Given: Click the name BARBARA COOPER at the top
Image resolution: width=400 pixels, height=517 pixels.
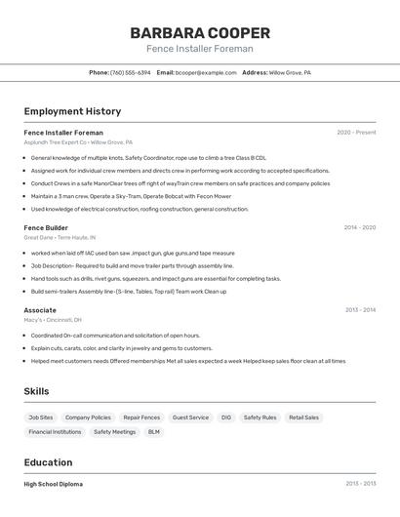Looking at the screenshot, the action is pos(199,32).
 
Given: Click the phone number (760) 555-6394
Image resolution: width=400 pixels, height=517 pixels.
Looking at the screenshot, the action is pos(130,72).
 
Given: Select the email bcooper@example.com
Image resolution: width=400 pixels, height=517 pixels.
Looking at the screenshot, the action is pos(206,72).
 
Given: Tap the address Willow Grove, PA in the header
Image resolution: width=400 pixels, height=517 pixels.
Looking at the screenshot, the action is pos(290,72).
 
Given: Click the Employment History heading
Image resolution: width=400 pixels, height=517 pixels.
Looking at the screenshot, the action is pos(72,111).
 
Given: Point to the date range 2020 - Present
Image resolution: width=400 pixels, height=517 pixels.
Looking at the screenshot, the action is pos(356,132).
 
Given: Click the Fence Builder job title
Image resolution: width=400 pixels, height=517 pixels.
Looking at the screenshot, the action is pos(46,227).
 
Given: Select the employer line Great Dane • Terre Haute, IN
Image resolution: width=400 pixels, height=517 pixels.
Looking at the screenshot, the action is pos(60,237).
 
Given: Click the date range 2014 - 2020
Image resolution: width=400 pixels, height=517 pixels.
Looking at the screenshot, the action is pos(359,227).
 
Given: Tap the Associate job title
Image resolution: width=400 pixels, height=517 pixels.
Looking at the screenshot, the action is pos(40,310).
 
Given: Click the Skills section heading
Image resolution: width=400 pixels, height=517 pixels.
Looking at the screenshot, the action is pos(37,391).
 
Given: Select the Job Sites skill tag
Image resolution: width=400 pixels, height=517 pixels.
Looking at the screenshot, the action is pos(40,418).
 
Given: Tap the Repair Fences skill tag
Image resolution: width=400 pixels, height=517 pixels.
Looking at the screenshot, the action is pos(141,418).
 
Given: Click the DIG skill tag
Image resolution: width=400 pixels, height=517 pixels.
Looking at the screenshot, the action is pos(226,418).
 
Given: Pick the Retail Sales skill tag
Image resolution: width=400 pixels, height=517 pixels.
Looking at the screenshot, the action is pos(303,418).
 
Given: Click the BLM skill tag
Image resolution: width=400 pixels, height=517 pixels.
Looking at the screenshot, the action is pos(154,431).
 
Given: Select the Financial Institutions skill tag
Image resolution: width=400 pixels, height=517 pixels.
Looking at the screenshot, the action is pos(55,431).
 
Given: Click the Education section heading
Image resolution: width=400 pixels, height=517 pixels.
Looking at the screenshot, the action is pos(48,462).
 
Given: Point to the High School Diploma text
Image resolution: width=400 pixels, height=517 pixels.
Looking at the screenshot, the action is pos(54,484).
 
